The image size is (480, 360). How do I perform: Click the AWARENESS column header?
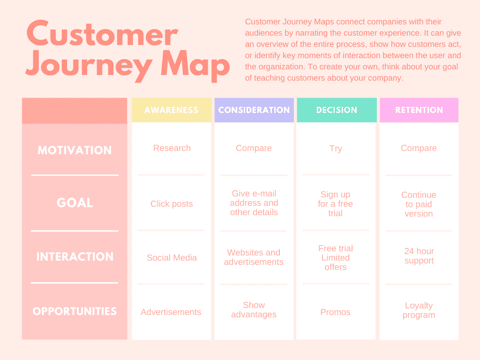coord(171,110)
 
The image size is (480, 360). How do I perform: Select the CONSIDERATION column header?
coord(254,110)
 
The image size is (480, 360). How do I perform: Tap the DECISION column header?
coord(337,110)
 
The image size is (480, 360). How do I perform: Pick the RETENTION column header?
coord(419,110)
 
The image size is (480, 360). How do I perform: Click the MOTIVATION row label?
coord(75,150)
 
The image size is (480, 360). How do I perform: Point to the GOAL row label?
coord(75,203)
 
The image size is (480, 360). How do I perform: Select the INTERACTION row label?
coord(75,257)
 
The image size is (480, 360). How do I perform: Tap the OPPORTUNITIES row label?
coord(75,311)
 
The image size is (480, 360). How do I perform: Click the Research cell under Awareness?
coord(172,148)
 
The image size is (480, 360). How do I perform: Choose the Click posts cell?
coord(172,204)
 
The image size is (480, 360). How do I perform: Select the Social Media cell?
coord(172,258)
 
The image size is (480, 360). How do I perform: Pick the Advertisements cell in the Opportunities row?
coord(171,312)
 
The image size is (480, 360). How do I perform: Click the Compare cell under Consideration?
coord(254,148)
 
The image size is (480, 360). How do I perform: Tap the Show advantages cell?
coord(254,310)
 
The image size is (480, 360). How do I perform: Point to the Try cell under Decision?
coord(336,149)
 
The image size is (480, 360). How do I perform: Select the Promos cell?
coord(335,312)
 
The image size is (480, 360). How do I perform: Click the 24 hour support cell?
coord(419,256)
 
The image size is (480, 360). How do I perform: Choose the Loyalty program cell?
coord(419,310)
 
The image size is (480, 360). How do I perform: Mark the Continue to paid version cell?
coord(419,204)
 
